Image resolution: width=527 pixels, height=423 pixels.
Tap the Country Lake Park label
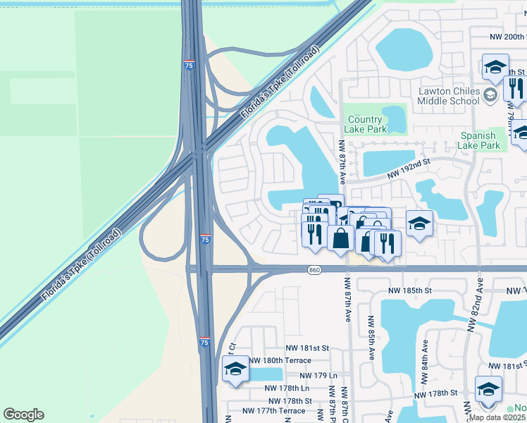click(x=366, y=124)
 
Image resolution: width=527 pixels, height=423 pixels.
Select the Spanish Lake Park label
click(x=480, y=140)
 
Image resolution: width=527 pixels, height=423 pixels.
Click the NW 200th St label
click(x=507, y=37)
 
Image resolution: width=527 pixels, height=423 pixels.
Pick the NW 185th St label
click(x=408, y=290)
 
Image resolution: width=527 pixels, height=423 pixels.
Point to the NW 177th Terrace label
click(x=273, y=411)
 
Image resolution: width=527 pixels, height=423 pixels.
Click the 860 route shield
click(x=315, y=270)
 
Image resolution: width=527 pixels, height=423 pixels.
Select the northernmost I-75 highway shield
click(x=189, y=65)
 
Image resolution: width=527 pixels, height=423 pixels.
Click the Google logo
click(x=23, y=415)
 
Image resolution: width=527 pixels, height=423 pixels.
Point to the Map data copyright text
click(x=497, y=417)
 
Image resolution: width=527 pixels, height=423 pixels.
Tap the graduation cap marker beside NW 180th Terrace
click(x=235, y=369)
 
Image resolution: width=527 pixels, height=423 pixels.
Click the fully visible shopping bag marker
click(x=341, y=238)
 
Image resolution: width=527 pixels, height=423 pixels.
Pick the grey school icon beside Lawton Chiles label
click(x=490, y=94)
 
